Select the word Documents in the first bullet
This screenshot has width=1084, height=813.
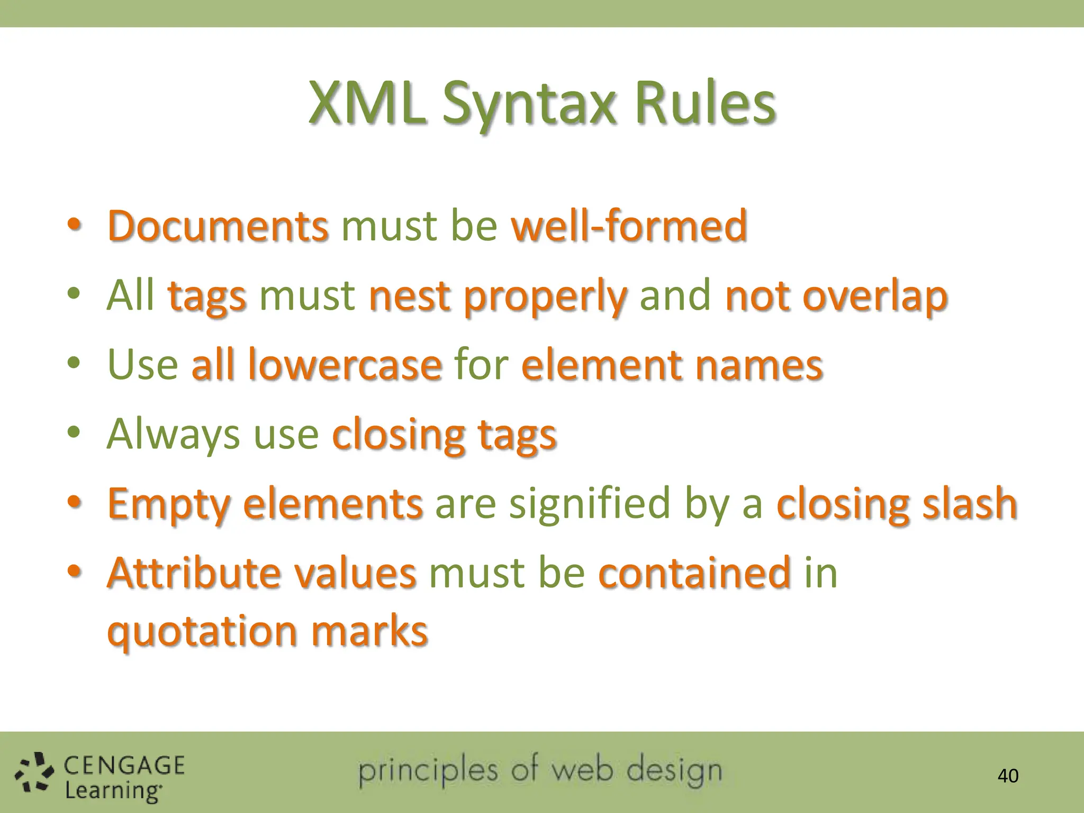(x=218, y=226)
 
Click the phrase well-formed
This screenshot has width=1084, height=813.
(x=629, y=226)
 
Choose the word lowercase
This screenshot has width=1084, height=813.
(x=345, y=365)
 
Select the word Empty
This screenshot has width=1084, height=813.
(x=169, y=504)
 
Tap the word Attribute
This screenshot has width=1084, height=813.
(x=194, y=573)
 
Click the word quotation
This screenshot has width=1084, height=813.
(x=202, y=632)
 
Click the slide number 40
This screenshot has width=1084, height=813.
(x=1007, y=776)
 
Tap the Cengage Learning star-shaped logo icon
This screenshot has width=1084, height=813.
(x=34, y=773)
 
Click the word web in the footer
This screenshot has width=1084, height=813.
(x=583, y=770)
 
